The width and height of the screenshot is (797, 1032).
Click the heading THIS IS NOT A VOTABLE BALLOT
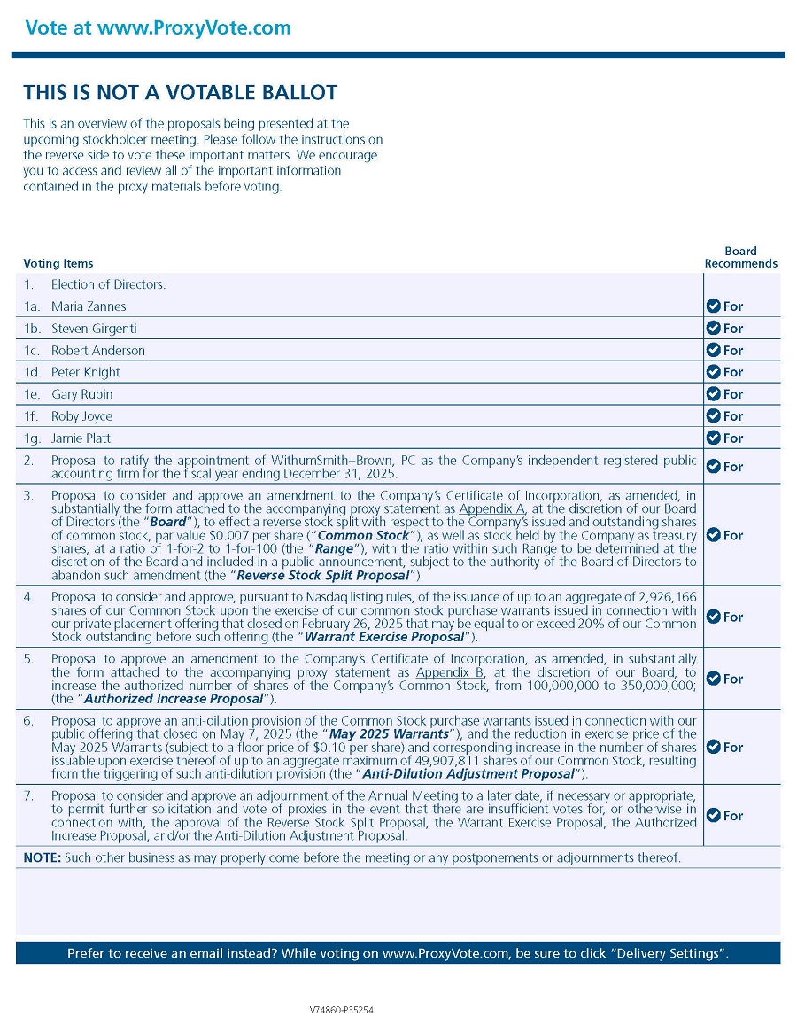coord(180,93)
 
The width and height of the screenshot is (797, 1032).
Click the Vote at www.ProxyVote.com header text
coord(158,27)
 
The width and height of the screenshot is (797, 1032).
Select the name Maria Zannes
coord(89,306)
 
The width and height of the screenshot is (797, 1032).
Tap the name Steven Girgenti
coord(93,329)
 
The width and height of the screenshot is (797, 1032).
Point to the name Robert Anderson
coord(98,351)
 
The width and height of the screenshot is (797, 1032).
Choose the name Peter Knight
coord(86,372)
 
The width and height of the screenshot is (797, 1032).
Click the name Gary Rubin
coord(82,394)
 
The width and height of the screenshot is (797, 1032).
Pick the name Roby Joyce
coord(81,416)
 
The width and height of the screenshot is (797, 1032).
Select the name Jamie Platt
coord(81,438)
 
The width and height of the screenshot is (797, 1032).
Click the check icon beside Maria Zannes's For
coord(713,306)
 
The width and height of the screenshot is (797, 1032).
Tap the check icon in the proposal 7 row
coord(713,816)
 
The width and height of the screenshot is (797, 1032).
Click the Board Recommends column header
coord(740,257)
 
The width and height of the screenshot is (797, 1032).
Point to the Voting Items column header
coord(58,263)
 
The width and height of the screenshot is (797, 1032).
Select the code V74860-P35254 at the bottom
coord(342,1010)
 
